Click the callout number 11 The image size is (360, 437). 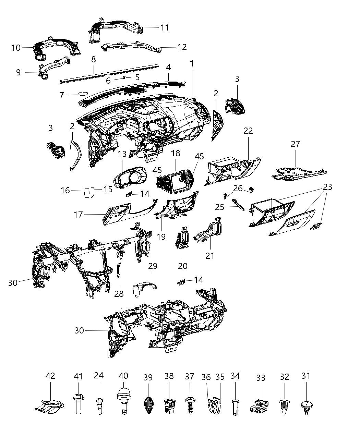pos(165,27)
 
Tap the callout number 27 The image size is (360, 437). pos(295,144)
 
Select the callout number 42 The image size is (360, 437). pos(50,376)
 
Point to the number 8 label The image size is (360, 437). pos(93,59)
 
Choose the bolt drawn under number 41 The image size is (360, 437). pos(78,404)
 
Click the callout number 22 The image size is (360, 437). pos(248,131)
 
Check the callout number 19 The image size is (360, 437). pos(161,236)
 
